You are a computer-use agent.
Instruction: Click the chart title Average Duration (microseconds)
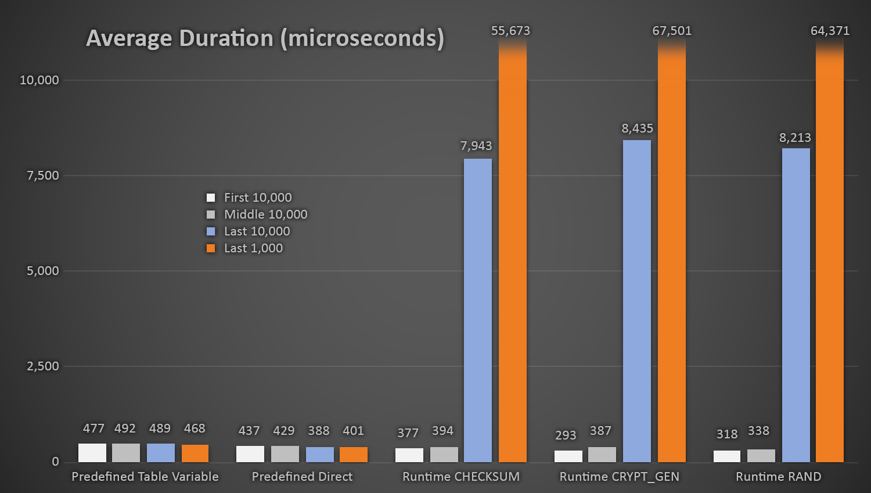265,38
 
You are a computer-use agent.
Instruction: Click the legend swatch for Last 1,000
211,248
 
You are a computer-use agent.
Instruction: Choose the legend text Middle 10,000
265,215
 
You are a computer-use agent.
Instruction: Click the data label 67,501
672,31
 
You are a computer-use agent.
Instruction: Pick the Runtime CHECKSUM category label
461,477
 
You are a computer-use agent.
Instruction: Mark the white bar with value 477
92,453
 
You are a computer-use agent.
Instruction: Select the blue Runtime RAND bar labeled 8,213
796,305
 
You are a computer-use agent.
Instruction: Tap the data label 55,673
510,31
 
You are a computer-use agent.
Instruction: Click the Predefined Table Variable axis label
145,477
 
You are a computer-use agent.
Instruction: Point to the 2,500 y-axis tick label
43,366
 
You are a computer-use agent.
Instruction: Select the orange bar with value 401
354,455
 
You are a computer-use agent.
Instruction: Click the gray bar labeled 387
602,455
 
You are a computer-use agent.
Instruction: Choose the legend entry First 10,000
257,198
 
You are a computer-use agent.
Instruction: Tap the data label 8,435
637,128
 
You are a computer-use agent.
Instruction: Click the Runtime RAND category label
778,477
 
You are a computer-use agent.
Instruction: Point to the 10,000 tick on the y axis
39,80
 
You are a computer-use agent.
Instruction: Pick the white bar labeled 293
568,456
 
